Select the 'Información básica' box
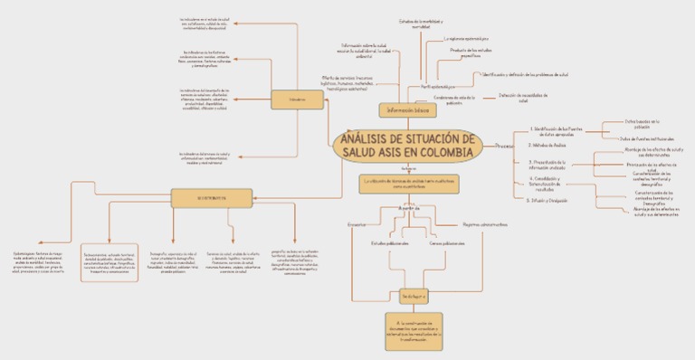pos(406,109)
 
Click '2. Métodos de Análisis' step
pos(547,145)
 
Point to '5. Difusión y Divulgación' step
pos(547,200)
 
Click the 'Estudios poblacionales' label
pos(390,243)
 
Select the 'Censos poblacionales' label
pos(447,243)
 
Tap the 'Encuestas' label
pos(357,223)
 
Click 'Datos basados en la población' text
pos(643,122)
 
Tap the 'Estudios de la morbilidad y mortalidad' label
pos(420,24)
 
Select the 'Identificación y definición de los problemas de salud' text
pos(525,74)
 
